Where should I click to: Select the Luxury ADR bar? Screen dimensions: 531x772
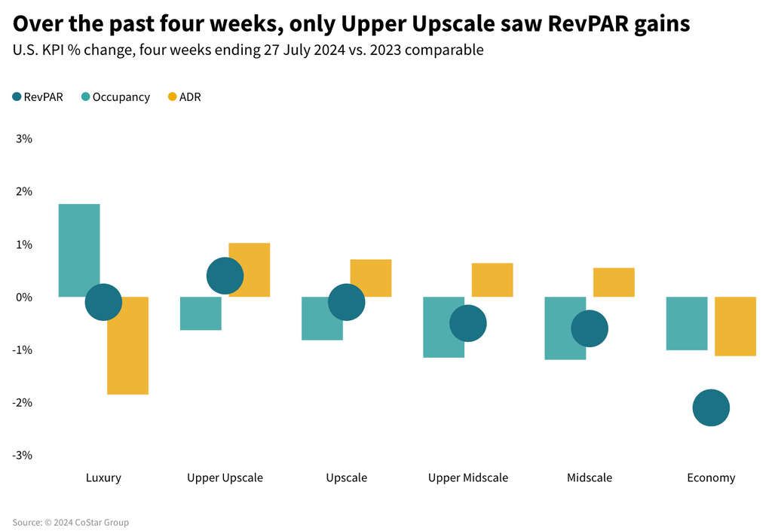[127, 354]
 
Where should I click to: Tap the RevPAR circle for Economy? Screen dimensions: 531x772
[711, 407]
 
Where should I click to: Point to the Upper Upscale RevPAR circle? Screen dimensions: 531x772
[225, 276]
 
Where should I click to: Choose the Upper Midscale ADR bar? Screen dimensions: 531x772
[492, 279]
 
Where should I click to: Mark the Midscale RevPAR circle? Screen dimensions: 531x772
[590, 328]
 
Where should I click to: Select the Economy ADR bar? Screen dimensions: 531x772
[735, 326]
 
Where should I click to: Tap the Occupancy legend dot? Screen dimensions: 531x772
[86, 97]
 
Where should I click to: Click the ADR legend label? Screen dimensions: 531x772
[190, 97]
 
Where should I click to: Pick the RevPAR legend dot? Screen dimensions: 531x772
[17, 97]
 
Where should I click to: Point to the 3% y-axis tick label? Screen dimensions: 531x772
[23, 139]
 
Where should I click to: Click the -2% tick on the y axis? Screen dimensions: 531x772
[22, 402]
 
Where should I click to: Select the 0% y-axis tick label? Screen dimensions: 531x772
[23, 297]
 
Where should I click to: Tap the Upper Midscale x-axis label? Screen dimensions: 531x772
[468, 478]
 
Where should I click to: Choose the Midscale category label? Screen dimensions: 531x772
[590, 478]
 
